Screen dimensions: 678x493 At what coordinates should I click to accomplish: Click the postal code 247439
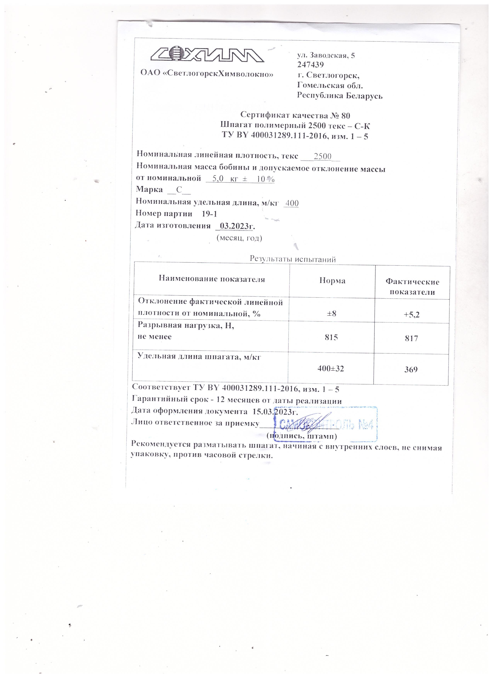(x=310, y=65)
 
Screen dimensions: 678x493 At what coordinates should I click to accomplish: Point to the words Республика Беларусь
(x=340, y=96)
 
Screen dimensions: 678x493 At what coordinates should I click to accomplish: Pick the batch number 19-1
(x=209, y=214)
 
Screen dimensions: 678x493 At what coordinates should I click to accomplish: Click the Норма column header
(x=332, y=280)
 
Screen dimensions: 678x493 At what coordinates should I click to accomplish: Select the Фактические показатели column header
(x=412, y=286)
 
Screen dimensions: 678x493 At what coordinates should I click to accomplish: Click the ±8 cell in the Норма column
(x=332, y=313)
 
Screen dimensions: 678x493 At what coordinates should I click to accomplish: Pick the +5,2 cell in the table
(x=411, y=314)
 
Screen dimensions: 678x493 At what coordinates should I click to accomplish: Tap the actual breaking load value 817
(x=411, y=338)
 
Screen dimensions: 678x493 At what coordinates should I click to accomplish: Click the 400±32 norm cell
(x=331, y=369)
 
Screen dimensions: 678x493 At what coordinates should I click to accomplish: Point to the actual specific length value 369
(x=411, y=370)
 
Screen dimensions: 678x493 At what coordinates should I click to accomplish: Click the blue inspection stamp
(x=326, y=424)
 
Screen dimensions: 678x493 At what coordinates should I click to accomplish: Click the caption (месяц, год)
(x=239, y=238)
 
